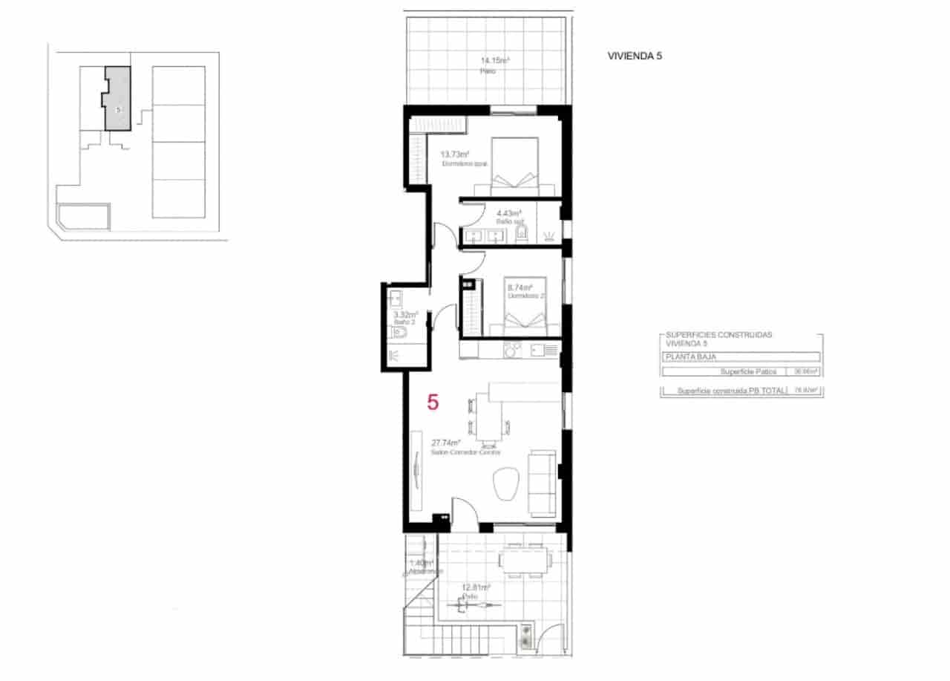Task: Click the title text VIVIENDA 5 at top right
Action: point(635,56)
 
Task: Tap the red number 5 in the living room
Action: point(433,403)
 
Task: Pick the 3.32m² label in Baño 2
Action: point(406,314)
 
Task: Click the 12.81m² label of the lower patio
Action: point(475,587)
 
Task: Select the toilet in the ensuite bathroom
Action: point(521,235)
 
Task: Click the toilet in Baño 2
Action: point(399,335)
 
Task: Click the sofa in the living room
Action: point(543,483)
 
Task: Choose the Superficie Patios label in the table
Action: point(749,371)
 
